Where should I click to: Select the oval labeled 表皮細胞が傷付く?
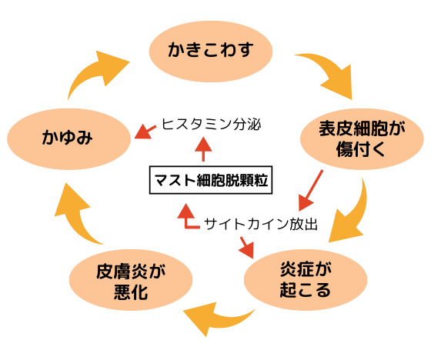coord(361,138)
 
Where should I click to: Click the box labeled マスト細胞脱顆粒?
coord(211,182)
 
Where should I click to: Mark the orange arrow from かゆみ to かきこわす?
coord(97,73)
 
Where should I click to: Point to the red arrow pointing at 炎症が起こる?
coord(246,247)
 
